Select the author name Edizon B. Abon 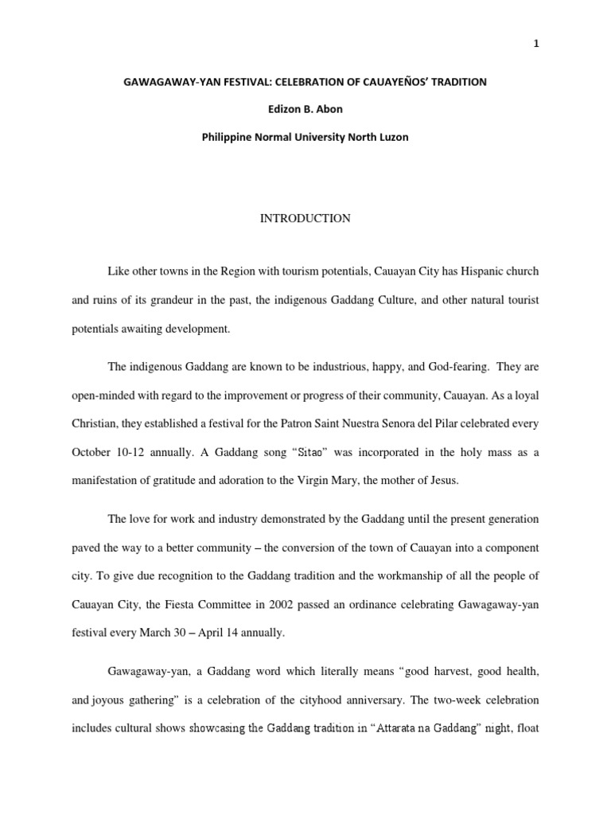pyautogui.click(x=305, y=109)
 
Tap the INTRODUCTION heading pyautogui.click(x=305, y=218)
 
